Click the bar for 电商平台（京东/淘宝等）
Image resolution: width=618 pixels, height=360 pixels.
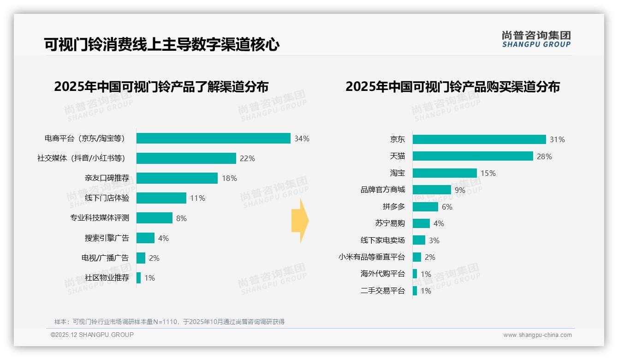tap(213, 138)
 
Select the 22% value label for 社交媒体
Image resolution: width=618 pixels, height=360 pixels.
tap(247, 158)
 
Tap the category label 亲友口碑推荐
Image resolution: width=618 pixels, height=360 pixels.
tap(107, 178)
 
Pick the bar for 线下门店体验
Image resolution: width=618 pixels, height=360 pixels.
tap(161, 198)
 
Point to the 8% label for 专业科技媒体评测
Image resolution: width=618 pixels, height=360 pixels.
tap(181, 218)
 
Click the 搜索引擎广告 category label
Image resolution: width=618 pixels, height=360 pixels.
tap(107, 238)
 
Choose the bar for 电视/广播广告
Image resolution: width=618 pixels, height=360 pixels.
tap(141, 258)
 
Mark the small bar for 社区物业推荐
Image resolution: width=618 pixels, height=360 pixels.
tap(138, 278)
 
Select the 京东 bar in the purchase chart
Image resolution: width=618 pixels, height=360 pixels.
tap(479, 139)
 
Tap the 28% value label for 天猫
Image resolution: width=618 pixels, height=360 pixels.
tap(544, 156)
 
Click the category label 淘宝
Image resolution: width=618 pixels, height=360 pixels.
tap(397, 173)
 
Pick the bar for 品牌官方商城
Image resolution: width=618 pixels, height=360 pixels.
tap(432, 190)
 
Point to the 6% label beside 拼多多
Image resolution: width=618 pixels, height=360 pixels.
tap(447, 207)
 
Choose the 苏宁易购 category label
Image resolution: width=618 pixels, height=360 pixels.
tap(390, 223)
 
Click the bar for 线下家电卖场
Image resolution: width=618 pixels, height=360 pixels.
tap(419, 240)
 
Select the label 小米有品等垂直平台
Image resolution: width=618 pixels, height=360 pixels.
tap(371, 257)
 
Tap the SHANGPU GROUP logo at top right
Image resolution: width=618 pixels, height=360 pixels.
tap(536, 39)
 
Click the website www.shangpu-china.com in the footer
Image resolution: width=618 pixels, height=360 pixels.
tap(537, 335)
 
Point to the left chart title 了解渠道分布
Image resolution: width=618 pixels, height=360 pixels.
tap(161, 87)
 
